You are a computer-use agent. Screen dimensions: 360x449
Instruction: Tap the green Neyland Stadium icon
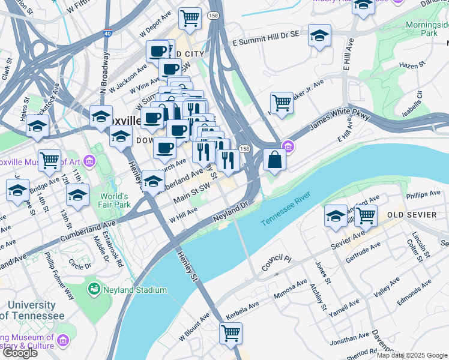pyautogui.click(x=94, y=290)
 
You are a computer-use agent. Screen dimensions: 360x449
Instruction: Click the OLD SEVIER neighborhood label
pyautogui.click(x=411, y=215)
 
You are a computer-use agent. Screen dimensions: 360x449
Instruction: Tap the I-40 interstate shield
pyautogui.click(x=107, y=35)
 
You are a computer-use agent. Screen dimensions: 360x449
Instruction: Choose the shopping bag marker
pyautogui.click(x=274, y=160)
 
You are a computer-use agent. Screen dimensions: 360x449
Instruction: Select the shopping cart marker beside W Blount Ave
pyautogui.click(x=231, y=333)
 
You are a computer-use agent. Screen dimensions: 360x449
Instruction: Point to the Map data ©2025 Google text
pyautogui.click(x=412, y=355)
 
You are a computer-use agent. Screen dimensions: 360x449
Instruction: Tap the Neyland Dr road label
pyautogui.click(x=232, y=214)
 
